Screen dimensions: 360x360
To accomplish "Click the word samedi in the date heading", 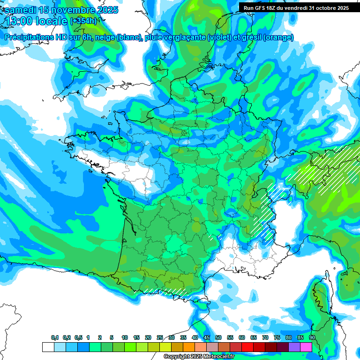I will point(21,10).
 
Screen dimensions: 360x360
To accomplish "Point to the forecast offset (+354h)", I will point(83,21).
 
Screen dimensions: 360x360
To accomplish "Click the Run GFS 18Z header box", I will point(296,7).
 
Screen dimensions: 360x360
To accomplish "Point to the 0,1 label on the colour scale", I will point(55,338).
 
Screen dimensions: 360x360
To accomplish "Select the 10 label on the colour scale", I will point(125,338).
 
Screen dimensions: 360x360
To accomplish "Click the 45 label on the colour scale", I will point(207,338).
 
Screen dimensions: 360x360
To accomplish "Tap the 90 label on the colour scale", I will point(312,338).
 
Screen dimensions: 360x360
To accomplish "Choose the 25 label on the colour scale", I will point(160,338).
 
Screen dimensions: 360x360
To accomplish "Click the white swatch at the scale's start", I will point(48,347).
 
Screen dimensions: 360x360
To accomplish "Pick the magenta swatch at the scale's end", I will point(306,347).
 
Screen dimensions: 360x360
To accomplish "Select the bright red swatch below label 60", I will point(247,347).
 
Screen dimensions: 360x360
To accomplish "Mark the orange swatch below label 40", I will point(189,347).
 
